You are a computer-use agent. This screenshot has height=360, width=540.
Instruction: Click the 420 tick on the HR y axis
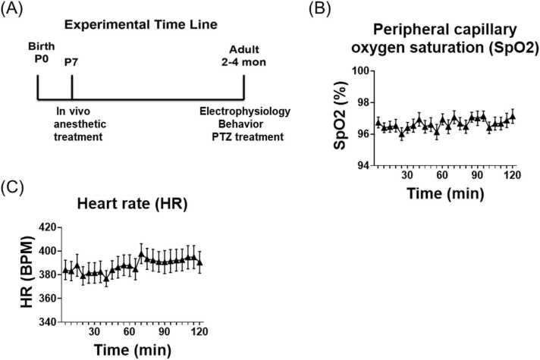pos(47,227)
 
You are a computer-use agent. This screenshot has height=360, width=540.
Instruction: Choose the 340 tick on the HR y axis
pos(47,322)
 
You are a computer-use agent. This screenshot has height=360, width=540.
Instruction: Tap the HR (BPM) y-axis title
pos(26,274)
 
